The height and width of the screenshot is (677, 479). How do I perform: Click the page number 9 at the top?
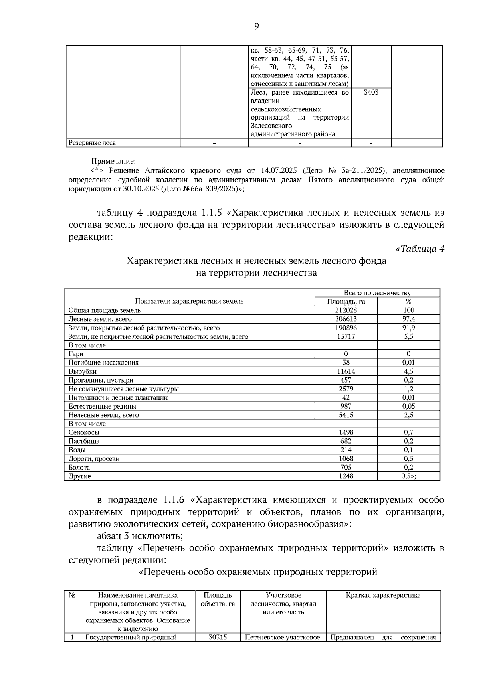(x=257, y=26)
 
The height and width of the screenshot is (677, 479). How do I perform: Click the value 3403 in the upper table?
(x=371, y=93)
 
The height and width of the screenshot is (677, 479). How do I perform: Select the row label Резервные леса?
(x=92, y=143)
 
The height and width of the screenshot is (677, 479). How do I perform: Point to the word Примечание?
(x=114, y=161)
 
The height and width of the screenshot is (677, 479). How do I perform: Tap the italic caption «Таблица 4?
(x=420, y=249)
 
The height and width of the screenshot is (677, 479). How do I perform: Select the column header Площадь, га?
(x=346, y=302)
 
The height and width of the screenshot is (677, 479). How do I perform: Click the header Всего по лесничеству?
(x=377, y=293)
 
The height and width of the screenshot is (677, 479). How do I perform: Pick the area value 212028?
(x=346, y=310)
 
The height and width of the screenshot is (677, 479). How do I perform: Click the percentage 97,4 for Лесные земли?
(x=408, y=319)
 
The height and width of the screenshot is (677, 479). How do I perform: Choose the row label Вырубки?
(x=83, y=371)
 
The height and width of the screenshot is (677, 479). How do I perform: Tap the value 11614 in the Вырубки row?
(x=346, y=371)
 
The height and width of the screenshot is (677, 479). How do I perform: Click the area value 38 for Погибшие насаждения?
(x=346, y=363)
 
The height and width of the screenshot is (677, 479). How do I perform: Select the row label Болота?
(x=79, y=468)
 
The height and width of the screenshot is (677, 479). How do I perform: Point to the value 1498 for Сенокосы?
(x=346, y=432)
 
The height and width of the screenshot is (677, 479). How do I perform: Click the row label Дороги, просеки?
(x=94, y=459)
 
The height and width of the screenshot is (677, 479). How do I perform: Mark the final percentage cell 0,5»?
(x=408, y=476)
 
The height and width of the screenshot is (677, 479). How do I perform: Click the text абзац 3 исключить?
(x=140, y=536)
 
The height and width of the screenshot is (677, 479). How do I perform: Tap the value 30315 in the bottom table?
(x=218, y=638)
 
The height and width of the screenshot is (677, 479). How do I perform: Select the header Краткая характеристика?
(x=383, y=595)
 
